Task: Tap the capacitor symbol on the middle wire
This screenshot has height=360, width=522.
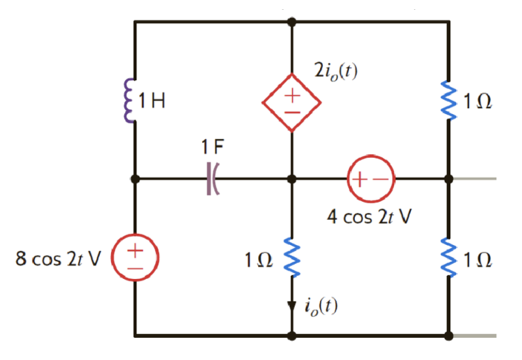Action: (x=212, y=179)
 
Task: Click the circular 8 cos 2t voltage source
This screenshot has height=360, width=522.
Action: (x=135, y=254)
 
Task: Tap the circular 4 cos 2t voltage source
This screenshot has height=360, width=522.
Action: (x=371, y=179)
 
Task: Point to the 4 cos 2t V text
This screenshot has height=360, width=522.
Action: (x=371, y=217)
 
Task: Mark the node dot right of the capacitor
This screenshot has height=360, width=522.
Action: (x=291, y=179)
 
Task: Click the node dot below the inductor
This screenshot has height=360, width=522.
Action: (x=135, y=179)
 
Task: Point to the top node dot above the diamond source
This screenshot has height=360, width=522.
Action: (x=291, y=22)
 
